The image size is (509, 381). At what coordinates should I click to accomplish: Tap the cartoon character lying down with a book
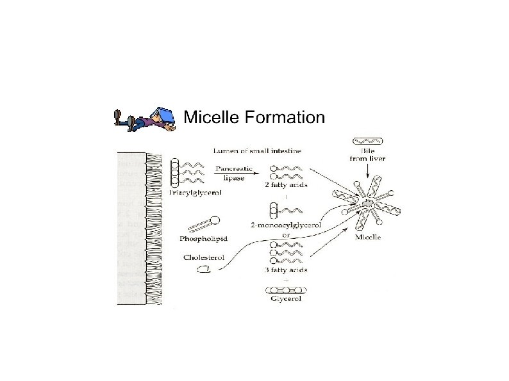[145, 119]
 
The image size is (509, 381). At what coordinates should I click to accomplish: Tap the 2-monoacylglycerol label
[287, 225]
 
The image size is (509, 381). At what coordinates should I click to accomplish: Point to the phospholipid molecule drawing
[204, 225]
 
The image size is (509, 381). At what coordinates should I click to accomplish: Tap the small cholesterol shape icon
[203, 270]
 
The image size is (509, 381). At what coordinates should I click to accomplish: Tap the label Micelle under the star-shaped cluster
[367, 237]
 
